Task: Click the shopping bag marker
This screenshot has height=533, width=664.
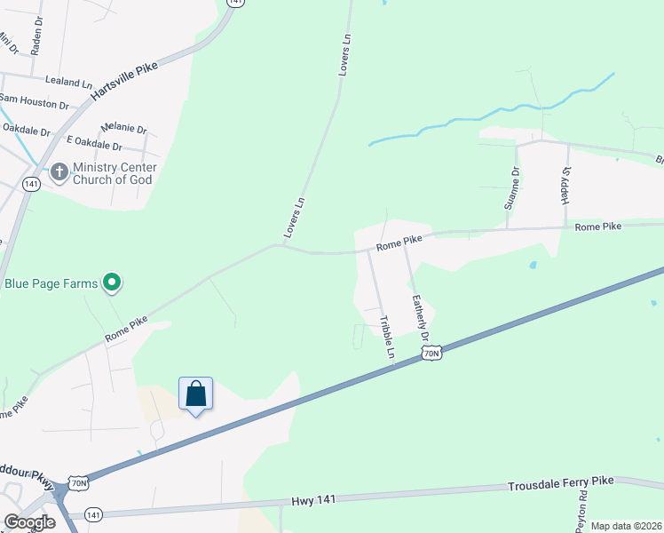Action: (195, 394)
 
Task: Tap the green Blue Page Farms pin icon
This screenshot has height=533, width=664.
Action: (112, 283)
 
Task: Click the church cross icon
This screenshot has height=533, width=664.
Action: (59, 171)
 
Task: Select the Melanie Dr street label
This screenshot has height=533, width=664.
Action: (124, 129)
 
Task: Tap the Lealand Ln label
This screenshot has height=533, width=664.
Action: (68, 82)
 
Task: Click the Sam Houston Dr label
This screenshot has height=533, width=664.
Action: (34, 102)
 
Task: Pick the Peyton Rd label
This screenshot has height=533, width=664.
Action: (582, 511)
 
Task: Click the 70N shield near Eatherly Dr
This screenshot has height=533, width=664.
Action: (431, 354)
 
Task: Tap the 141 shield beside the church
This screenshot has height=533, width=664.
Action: (31, 184)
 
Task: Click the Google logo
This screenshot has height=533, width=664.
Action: (28, 522)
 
